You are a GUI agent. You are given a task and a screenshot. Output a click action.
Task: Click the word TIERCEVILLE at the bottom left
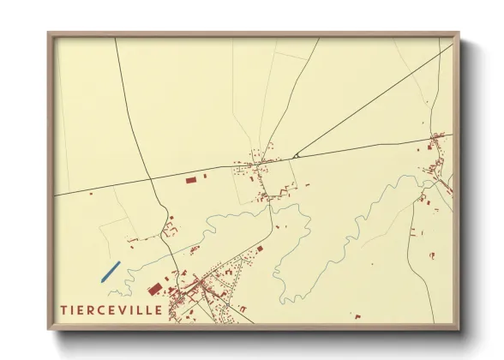coord(111,309)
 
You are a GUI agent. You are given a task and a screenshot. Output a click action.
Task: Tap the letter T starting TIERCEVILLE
coord(63,309)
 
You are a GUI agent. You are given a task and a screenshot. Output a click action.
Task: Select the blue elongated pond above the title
coord(109,272)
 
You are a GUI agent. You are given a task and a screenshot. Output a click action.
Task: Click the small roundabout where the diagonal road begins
coord(294,157)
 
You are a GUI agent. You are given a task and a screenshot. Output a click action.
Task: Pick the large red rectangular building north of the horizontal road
coord(191,180)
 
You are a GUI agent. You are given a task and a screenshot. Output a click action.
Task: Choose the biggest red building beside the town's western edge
coord(155,290)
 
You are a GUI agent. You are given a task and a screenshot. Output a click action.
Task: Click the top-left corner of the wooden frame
coord(49,33)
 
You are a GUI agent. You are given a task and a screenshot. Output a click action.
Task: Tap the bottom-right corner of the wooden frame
coord(459,329)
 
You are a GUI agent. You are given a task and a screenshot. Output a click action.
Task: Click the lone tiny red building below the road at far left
coord(91,195)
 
